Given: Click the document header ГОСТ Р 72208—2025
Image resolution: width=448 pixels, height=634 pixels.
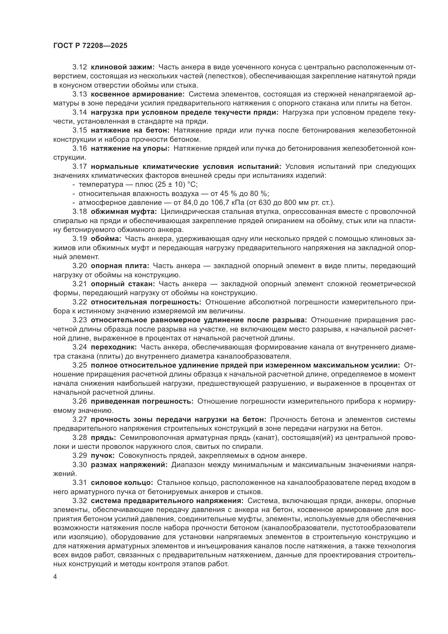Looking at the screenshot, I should pyautogui.click(x=90, y=46).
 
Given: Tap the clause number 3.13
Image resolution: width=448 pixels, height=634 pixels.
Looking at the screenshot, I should pyautogui.click(x=80, y=94).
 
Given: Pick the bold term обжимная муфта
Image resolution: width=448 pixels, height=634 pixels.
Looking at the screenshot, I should pyautogui.click(x=124, y=211).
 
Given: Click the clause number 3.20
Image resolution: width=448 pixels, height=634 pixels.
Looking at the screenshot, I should pyautogui.click(x=80, y=266).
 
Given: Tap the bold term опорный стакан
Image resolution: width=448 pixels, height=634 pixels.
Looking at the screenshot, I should pyautogui.click(x=123, y=284).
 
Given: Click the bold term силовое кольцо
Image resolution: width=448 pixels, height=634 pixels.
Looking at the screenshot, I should pyautogui.click(x=122, y=483).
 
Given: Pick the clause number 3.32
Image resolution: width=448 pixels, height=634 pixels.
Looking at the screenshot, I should pyautogui.click(x=80, y=501).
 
